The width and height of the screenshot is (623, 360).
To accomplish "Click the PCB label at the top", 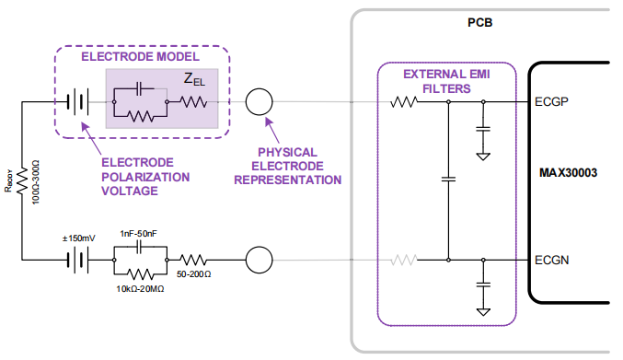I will click(x=480, y=20).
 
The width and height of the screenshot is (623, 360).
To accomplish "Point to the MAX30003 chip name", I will click(x=571, y=172).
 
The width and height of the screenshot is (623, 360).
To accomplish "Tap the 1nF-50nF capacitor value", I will click(x=138, y=235).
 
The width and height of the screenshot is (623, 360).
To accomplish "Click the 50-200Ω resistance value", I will click(x=194, y=275).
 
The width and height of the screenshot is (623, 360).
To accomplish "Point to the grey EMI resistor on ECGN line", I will click(x=403, y=261).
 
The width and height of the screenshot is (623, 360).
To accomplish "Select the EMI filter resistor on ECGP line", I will click(x=403, y=101).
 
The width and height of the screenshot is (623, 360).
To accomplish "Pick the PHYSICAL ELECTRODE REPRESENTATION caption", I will click(x=287, y=166).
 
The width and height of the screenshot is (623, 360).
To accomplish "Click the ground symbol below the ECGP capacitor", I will click(x=483, y=155).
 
